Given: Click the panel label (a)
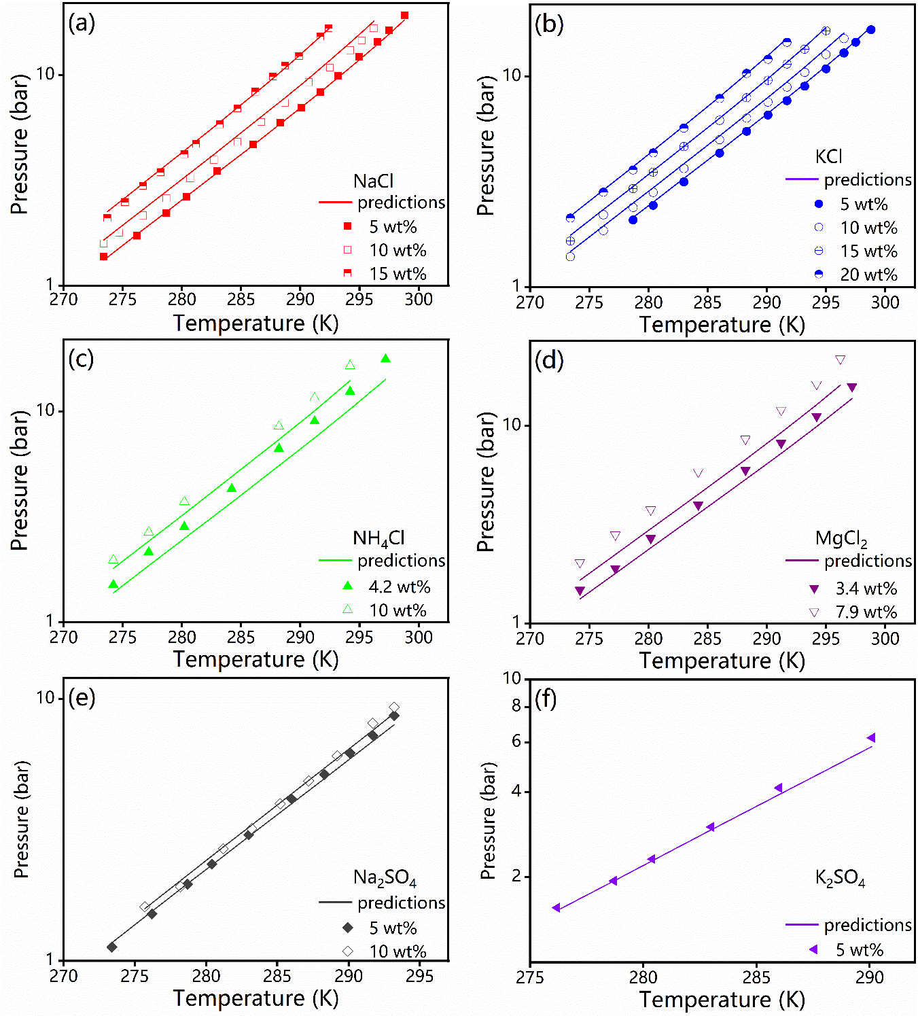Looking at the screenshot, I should pos(82,24).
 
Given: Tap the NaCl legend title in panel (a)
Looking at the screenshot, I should pos(373,181).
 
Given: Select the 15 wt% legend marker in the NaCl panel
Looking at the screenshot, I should pos(347,273).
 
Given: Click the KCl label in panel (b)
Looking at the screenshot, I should pos(828,157).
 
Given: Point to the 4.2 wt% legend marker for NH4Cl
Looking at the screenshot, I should pos(347,586).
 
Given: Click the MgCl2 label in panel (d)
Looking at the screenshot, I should pos(841,539).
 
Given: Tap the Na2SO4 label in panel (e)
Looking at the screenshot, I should pos(385,878).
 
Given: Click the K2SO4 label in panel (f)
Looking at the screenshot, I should pos(840,878).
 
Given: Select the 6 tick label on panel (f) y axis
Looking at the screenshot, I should pos(516,741).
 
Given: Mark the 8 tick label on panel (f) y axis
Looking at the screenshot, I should pos(516,706).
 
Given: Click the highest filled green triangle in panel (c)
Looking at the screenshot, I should pos(386,359).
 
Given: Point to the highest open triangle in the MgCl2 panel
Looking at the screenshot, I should pos(840,360).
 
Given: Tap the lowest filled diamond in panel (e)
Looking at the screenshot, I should pos(112,947).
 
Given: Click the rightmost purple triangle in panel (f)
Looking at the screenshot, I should pos(870,738).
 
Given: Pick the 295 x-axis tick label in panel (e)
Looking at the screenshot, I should pos(420,976).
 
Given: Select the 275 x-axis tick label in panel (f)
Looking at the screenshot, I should pos(530,977).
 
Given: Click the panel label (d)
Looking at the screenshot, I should pos(549,360).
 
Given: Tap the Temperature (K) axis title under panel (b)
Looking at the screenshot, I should pos(722,325).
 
